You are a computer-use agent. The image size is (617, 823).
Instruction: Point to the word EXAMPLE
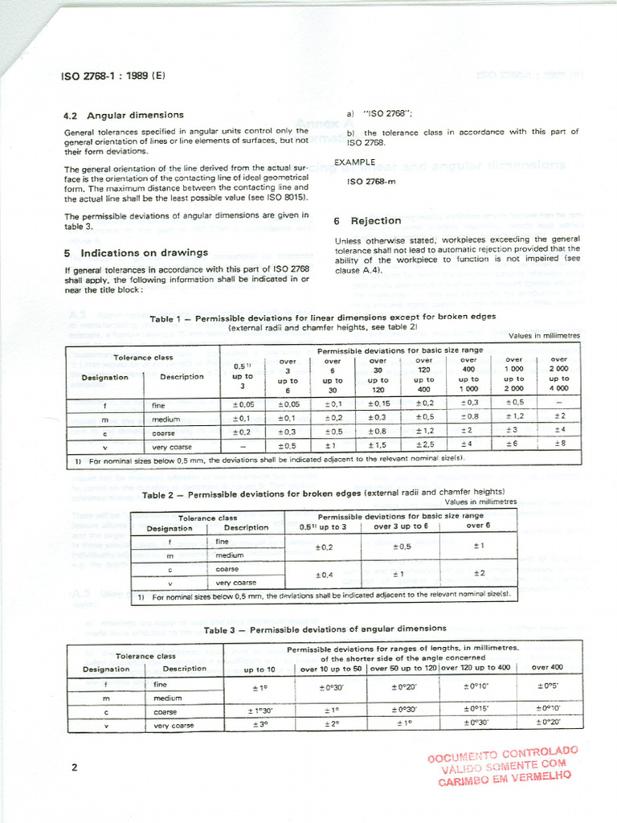click(x=355, y=162)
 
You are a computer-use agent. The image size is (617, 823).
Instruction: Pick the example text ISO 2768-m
click(x=371, y=181)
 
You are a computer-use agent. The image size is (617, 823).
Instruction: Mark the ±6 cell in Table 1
click(x=514, y=444)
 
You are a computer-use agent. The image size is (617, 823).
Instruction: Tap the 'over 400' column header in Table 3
click(x=548, y=668)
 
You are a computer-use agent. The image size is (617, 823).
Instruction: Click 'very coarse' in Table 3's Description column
click(x=174, y=725)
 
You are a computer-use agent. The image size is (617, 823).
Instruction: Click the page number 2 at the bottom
click(x=74, y=767)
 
